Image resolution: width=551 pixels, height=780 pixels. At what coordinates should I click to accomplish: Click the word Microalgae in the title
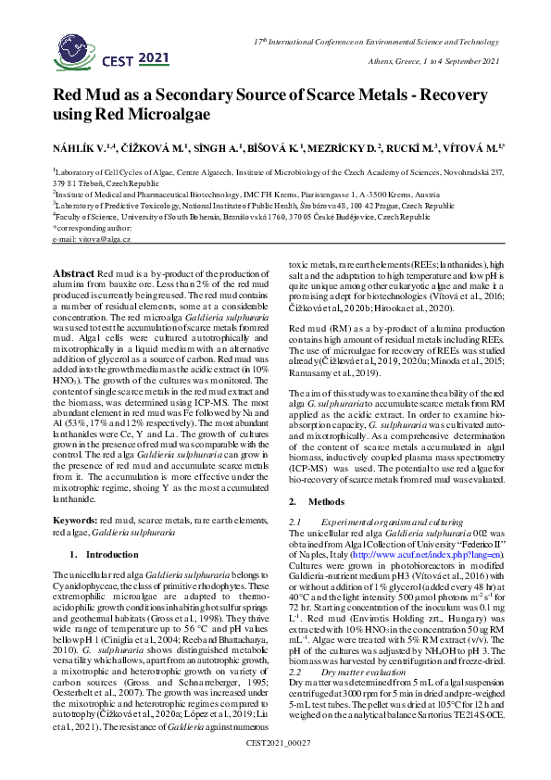tap(174, 115)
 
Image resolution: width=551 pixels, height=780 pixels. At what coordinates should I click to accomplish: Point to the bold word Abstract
tap(73, 273)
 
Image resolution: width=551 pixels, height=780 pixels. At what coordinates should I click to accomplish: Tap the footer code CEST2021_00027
tap(276, 768)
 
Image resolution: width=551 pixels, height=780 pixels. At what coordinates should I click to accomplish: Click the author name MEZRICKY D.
tap(344, 147)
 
